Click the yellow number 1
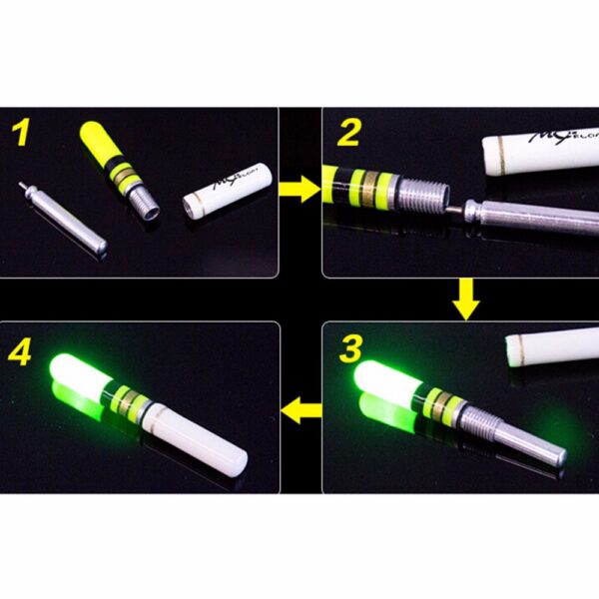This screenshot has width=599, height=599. click(x=21, y=134)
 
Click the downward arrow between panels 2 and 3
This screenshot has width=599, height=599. click(x=465, y=298)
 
